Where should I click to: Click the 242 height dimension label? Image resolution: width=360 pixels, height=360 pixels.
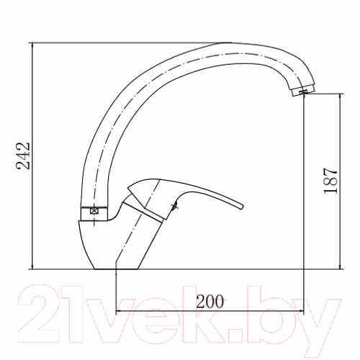coord(23,156)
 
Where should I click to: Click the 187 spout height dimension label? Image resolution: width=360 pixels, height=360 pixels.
coord(330,181)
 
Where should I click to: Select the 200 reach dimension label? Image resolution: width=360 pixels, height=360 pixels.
coord(210,302)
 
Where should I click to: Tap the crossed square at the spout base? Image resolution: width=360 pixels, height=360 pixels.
coord(94,211)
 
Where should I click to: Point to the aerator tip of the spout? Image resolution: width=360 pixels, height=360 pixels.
coord(303,91)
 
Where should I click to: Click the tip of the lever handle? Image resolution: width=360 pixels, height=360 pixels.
coord(242,207)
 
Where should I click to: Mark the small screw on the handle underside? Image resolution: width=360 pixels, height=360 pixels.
coord(174,206)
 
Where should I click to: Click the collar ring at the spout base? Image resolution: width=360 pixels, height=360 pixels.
coord(94,213)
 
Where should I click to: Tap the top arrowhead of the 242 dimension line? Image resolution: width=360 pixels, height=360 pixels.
coord(32,45)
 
